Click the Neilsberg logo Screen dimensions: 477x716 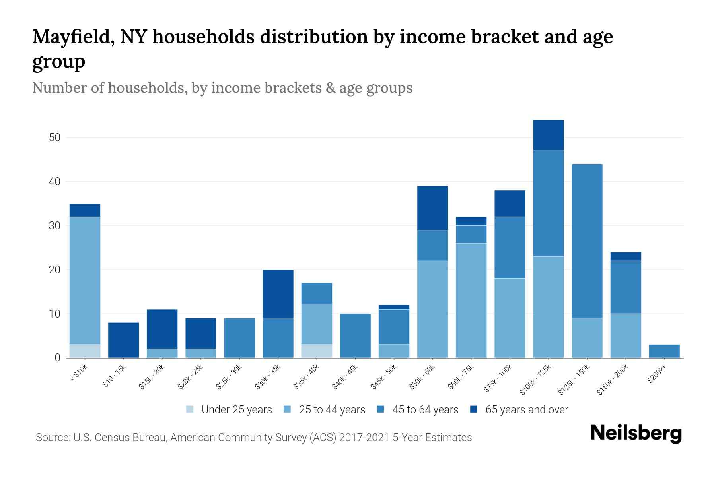click(636, 433)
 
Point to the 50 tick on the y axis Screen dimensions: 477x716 click(54, 138)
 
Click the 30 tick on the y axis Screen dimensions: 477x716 click(54, 226)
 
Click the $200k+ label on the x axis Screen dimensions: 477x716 click(657, 375)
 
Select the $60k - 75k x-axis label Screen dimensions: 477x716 click(461, 378)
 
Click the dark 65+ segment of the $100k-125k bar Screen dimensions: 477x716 click(548, 135)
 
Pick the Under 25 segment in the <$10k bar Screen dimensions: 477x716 click(85, 351)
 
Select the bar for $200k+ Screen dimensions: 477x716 click(664, 351)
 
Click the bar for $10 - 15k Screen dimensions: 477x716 click(123, 340)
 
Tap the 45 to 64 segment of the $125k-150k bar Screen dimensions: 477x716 click(587, 241)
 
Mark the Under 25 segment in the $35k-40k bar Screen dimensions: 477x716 click(317, 351)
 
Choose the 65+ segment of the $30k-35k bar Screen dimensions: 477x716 click(278, 294)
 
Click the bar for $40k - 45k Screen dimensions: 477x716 click(355, 335)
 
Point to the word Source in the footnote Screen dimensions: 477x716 click(53, 438)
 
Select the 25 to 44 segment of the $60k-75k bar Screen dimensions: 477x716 click(471, 300)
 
